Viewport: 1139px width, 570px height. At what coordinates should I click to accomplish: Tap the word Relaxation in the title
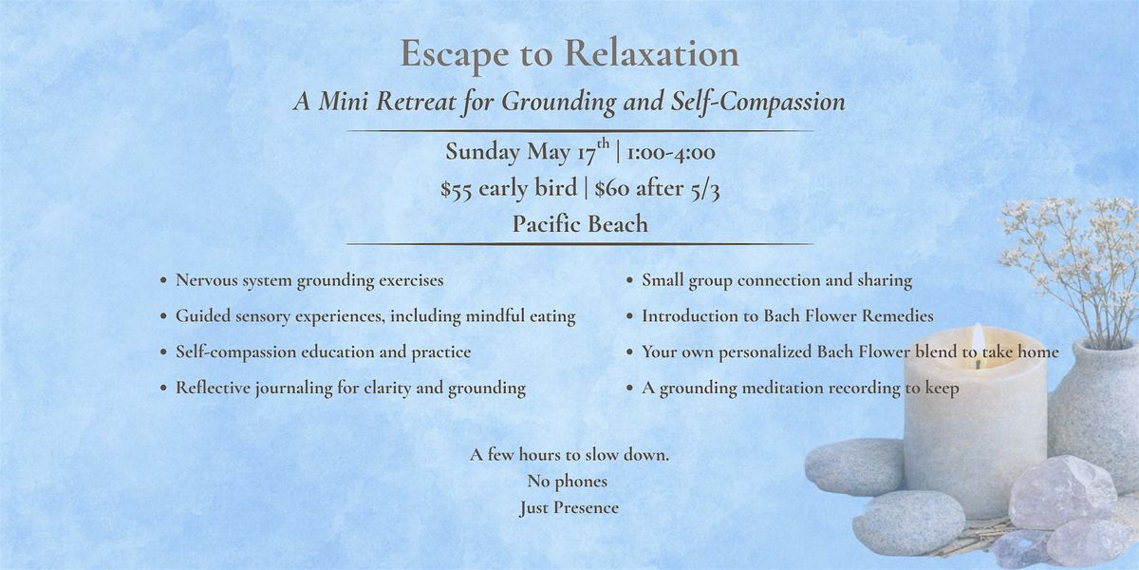[651, 52]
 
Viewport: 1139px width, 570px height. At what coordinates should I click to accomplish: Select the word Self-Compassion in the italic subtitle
[757, 103]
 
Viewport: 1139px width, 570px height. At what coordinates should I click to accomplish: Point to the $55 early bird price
[509, 189]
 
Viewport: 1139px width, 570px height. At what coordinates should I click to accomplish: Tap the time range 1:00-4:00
[671, 152]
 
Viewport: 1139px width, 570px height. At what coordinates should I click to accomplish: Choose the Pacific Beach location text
[580, 224]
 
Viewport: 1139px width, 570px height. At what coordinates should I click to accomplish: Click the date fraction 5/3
[705, 189]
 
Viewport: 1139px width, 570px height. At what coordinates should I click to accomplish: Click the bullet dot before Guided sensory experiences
[163, 316]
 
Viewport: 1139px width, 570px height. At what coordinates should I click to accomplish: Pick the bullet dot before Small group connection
[629, 280]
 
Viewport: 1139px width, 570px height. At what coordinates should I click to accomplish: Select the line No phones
[567, 481]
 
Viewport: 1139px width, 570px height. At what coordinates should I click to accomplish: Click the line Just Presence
[569, 507]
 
